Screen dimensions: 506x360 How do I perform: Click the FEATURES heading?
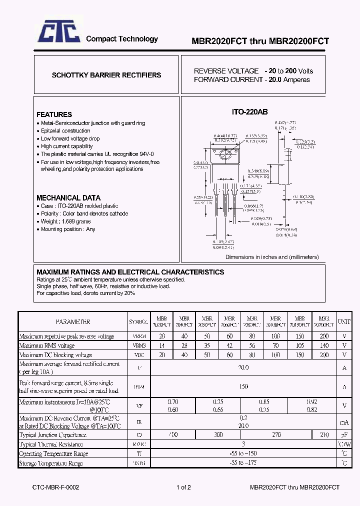pos(54,114)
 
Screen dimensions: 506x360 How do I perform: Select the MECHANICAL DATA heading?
pos(68,197)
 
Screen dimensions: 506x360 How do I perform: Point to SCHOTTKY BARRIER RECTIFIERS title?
pos(106,75)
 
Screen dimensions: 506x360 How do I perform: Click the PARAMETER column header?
pos(73,322)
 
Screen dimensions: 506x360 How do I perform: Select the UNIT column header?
pos(344,322)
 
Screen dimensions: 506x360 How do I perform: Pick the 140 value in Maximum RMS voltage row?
pos(324,345)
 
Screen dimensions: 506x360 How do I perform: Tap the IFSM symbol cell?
pos(138,386)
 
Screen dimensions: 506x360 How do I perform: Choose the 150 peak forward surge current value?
pos(243,386)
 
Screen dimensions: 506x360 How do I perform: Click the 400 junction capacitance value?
pos(173,435)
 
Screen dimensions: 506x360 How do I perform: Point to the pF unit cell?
pos(344,435)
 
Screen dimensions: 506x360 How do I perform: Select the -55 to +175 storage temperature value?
pos(243,463)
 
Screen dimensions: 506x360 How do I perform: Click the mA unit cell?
pos(344,421)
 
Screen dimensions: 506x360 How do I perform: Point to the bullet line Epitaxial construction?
pos(65,130)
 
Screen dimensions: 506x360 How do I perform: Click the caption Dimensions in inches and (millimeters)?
pos(272,257)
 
